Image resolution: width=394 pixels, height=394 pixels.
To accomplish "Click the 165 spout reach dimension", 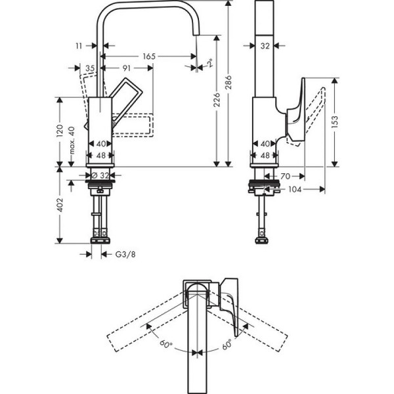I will [149, 57].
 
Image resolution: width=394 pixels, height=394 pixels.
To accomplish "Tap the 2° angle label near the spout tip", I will [209, 64].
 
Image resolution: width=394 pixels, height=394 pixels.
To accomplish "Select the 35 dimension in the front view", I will [90, 68].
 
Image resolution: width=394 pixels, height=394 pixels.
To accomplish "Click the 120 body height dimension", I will [60, 131].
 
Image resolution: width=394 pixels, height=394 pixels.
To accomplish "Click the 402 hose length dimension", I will [60, 205].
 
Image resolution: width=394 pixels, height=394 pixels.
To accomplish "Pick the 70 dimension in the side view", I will [286, 176].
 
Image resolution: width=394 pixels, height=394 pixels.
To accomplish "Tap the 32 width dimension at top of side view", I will [265, 46].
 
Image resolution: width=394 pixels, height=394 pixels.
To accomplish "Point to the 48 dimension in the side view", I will [265, 156].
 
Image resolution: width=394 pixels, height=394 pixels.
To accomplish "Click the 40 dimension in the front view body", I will [100, 143].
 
